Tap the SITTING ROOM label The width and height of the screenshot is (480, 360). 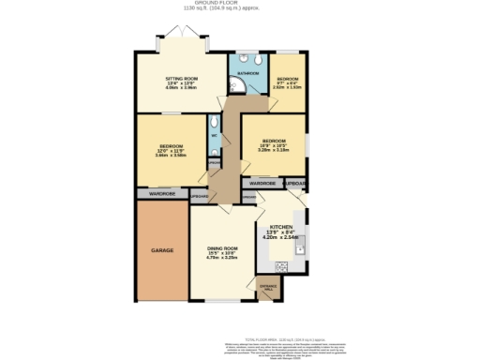pyautogui.click(x=181, y=79)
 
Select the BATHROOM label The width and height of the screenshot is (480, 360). pyautogui.click(x=247, y=72)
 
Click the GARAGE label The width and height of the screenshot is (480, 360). pyautogui.click(x=162, y=250)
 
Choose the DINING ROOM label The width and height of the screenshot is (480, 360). pyautogui.click(x=223, y=247)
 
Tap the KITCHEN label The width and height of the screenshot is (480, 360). pyautogui.click(x=281, y=228)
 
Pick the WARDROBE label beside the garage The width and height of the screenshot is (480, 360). pyautogui.click(x=162, y=193)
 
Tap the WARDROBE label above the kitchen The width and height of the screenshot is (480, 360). pyautogui.click(x=262, y=183)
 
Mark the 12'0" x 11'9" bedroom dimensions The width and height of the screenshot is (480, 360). pyautogui.click(x=171, y=151)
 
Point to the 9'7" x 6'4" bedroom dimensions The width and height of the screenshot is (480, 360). pyautogui.click(x=287, y=83)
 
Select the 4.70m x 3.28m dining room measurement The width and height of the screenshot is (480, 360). pyautogui.click(x=223, y=257)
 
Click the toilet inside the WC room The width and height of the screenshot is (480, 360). pyautogui.click(x=215, y=123)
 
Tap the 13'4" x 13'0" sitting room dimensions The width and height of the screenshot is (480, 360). pyautogui.click(x=181, y=83)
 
